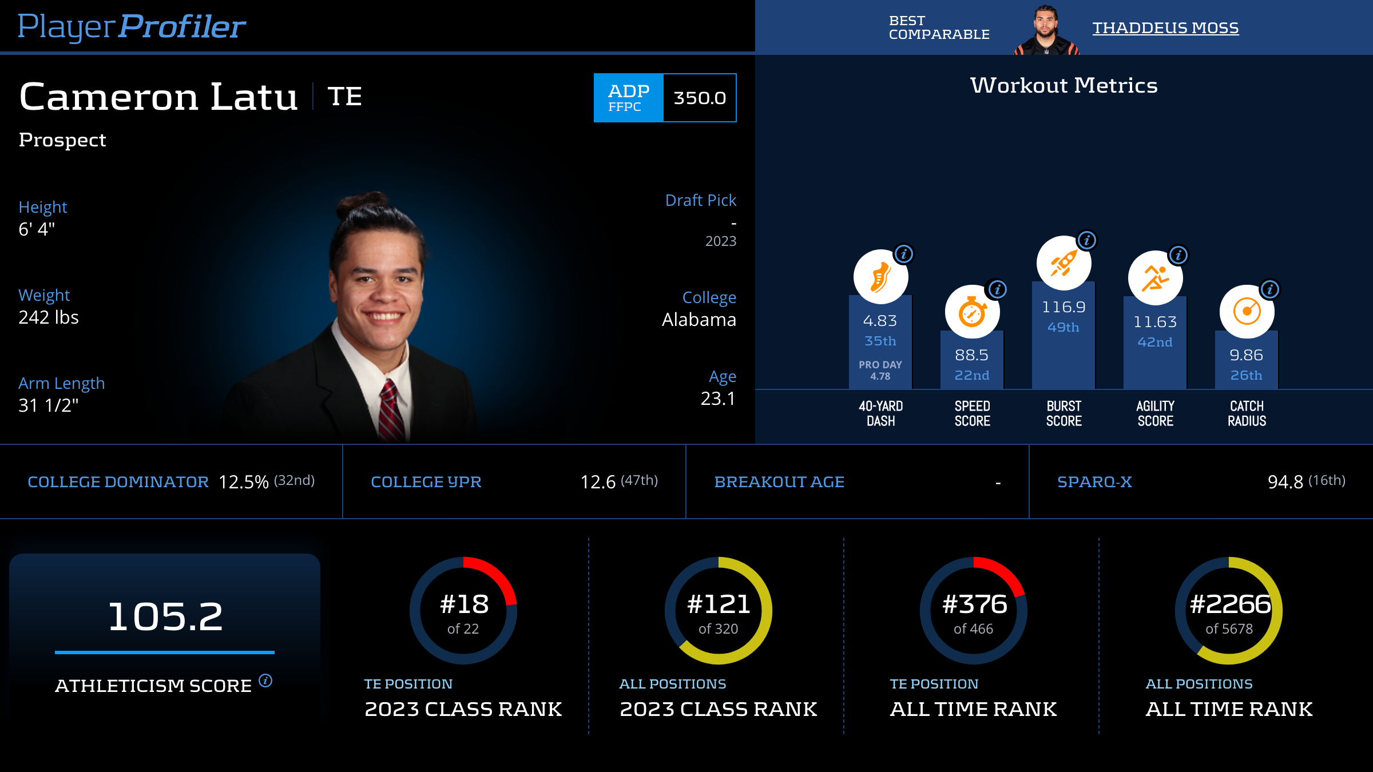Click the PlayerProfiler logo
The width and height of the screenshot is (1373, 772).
(x=132, y=26)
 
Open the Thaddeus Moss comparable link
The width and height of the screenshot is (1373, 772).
(x=1165, y=27)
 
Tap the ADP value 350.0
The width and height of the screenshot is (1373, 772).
(x=699, y=98)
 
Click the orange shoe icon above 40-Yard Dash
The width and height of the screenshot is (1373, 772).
(x=880, y=277)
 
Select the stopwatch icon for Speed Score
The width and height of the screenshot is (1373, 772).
(x=972, y=312)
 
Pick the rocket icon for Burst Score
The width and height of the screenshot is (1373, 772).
(x=1064, y=263)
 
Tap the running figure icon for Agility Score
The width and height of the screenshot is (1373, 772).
(x=1155, y=278)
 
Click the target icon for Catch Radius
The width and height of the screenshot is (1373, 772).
(x=1247, y=312)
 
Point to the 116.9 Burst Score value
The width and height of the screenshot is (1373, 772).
(x=1064, y=307)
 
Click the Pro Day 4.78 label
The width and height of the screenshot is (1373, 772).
(x=880, y=371)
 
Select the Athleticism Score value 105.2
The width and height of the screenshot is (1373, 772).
(x=165, y=616)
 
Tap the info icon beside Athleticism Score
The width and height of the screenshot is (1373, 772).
(x=265, y=681)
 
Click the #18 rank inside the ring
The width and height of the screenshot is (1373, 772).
(x=464, y=604)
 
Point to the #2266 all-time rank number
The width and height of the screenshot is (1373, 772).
(x=1229, y=604)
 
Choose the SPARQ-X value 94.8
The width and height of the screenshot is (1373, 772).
(x=1285, y=482)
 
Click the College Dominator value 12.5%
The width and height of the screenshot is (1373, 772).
(x=244, y=482)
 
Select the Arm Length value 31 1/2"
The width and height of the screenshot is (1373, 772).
(x=49, y=405)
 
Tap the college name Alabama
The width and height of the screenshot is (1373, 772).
(x=699, y=320)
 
